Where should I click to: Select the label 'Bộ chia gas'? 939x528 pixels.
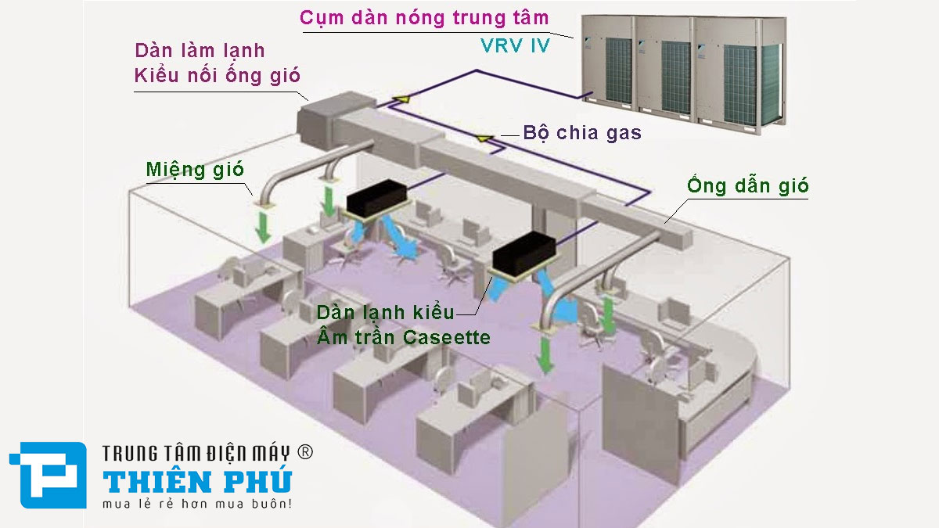tap(583, 133)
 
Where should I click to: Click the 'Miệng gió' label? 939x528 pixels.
tap(195, 170)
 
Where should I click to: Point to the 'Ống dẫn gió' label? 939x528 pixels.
tap(748, 186)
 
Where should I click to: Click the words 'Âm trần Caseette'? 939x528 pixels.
tap(404, 338)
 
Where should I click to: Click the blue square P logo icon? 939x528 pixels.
tap(48, 476)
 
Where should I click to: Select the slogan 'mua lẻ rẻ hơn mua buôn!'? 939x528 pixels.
tap(197, 504)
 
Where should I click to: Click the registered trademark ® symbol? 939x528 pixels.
tap(306, 452)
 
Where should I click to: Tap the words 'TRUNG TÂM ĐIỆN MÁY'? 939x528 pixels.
tap(196, 453)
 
